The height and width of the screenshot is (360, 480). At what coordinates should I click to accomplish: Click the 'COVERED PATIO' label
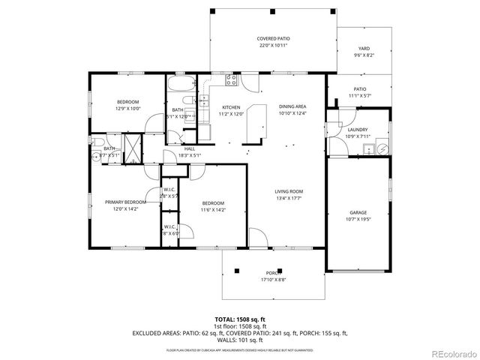tap(273, 38)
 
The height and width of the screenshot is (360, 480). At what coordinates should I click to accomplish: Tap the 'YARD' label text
tap(363, 48)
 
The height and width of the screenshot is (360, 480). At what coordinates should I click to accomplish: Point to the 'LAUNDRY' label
tap(357, 129)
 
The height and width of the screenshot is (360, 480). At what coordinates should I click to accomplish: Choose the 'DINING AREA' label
tap(292, 106)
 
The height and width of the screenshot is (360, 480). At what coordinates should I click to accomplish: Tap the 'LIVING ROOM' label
tap(288, 191)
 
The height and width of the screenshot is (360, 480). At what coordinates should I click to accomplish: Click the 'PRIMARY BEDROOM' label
tap(125, 202)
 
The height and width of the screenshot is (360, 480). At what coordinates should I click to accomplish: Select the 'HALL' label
tap(189, 148)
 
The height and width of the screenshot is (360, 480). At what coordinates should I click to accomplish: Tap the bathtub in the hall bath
tap(180, 85)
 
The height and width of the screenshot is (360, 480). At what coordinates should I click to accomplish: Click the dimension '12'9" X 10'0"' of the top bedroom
tap(128, 109)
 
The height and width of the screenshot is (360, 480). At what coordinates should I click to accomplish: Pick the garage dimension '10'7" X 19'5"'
tap(357, 219)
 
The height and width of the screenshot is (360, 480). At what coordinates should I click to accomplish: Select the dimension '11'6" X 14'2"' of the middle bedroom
tap(212, 210)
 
